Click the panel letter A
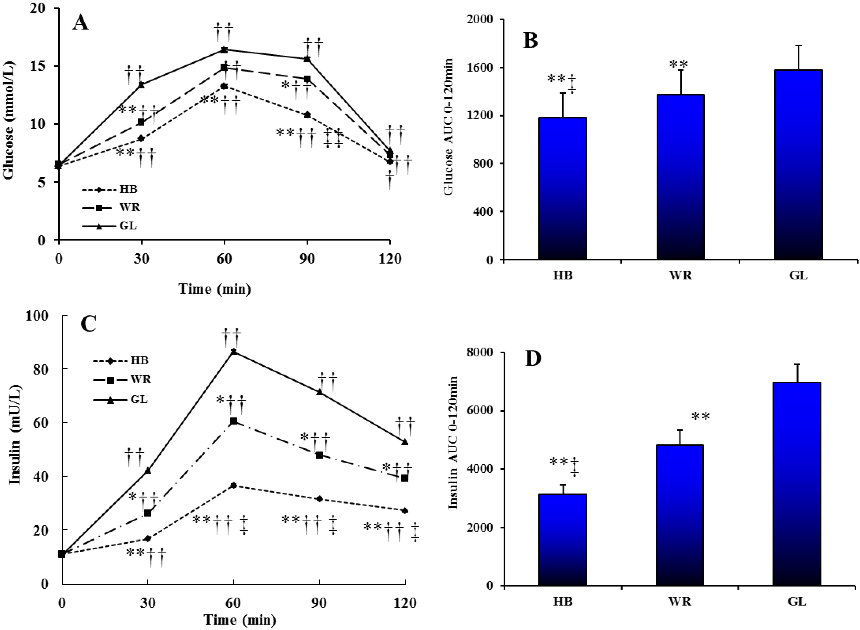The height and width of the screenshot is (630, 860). [x=80, y=23]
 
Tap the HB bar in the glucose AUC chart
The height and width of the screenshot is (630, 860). [x=562, y=189]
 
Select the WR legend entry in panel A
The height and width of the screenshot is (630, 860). [x=111, y=208]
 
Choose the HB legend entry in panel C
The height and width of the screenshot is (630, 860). [x=120, y=360]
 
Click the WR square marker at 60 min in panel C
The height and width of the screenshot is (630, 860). [x=234, y=421]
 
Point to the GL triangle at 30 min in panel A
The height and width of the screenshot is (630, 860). [x=141, y=85]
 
